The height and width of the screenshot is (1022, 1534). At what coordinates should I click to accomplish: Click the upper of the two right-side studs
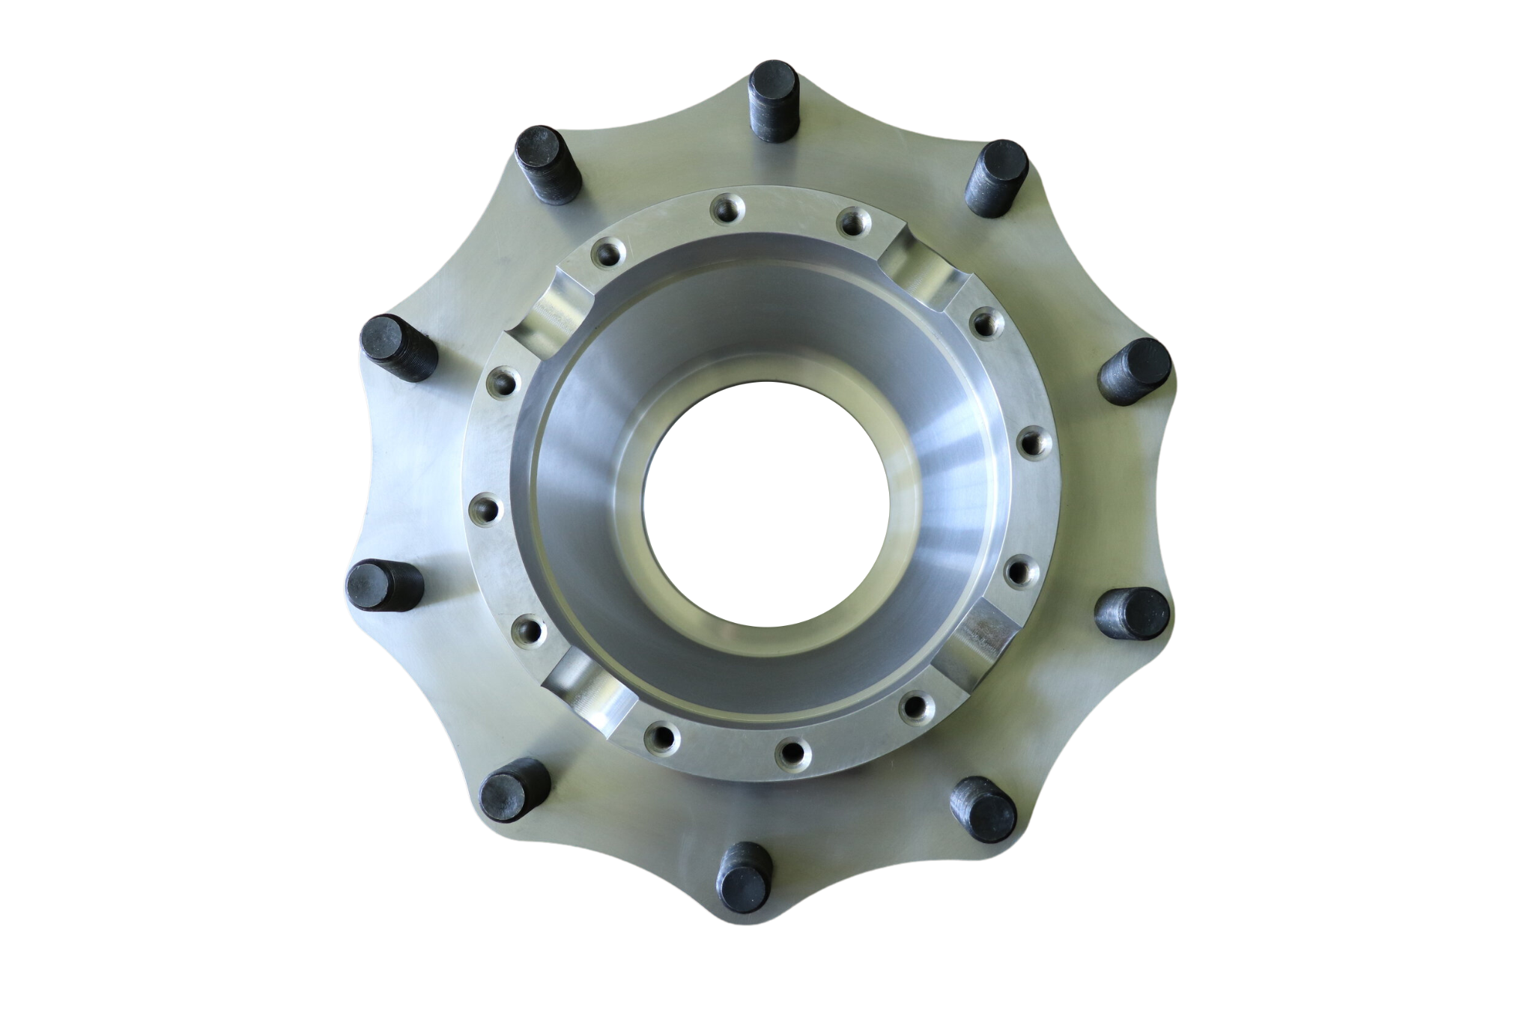1133,371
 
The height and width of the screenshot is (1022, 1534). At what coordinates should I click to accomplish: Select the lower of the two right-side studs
1132,612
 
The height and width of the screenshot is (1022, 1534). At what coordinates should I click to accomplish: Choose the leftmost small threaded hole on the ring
483,511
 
